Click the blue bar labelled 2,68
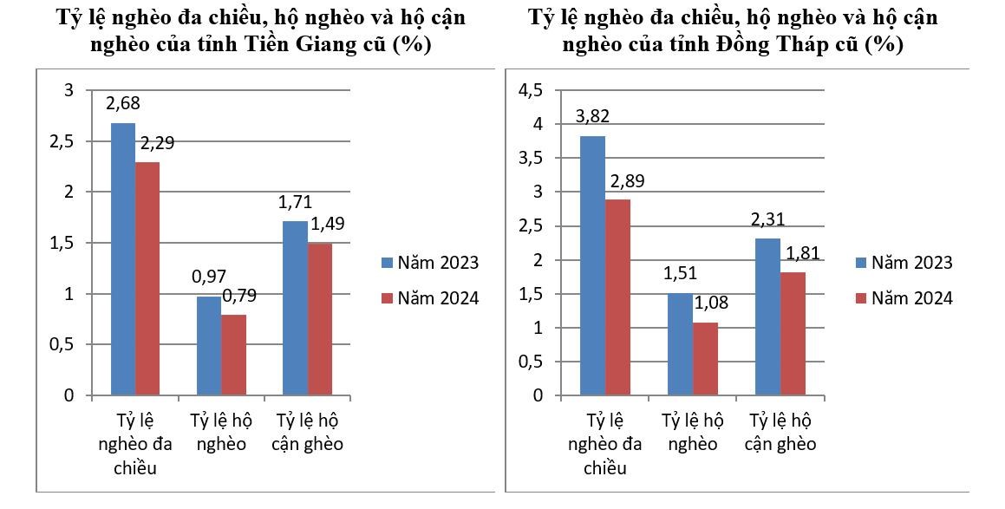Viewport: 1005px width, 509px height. coord(123,259)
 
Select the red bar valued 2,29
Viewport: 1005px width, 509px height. coord(147,279)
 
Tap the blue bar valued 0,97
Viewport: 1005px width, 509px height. coord(209,346)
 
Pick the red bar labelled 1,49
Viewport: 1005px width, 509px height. coord(320,320)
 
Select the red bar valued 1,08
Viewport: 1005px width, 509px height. coord(705,359)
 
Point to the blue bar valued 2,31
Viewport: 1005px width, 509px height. coord(767,316)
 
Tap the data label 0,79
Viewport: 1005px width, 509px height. coord(238,297)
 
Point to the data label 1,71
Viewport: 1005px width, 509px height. coord(296,204)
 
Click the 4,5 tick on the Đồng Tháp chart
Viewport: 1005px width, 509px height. coord(529,90)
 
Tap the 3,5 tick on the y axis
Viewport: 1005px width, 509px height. coord(529,158)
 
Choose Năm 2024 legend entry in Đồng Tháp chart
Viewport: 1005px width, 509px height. coord(902,297)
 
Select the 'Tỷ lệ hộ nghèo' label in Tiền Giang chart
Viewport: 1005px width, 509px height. coord(222,432)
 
